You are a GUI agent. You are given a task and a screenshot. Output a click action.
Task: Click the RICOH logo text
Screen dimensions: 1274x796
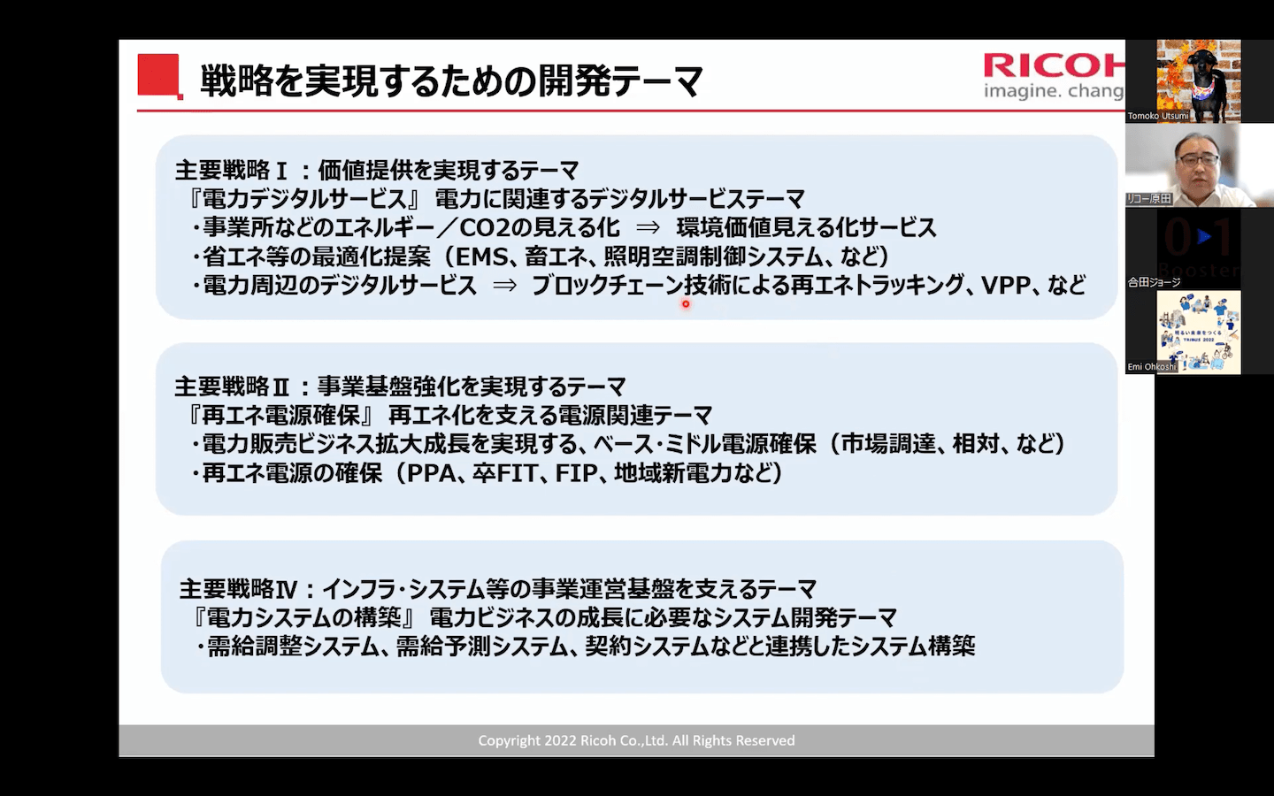[1054, 66]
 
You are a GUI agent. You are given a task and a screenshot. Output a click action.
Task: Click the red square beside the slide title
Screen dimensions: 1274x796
[159, 76]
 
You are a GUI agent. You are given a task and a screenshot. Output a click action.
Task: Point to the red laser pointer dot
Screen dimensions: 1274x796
[686, 304]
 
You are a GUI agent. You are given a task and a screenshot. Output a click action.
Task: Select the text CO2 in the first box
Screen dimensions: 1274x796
[484, 228]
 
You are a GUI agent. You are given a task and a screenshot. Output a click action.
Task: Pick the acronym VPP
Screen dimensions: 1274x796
[1006, 286]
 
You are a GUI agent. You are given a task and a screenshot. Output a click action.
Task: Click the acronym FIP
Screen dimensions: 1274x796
[576, 473]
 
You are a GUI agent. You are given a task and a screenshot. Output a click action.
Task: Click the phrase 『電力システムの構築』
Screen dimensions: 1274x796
[304, 618]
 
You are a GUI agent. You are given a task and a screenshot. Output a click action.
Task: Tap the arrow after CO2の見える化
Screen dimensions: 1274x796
[648, 228]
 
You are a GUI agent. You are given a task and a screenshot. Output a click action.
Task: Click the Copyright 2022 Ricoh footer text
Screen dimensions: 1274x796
[636, 740]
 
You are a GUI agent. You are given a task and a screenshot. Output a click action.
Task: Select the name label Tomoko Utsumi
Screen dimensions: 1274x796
[1157, 116]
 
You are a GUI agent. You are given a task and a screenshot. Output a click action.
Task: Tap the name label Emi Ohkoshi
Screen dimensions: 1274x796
[1151, 367]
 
